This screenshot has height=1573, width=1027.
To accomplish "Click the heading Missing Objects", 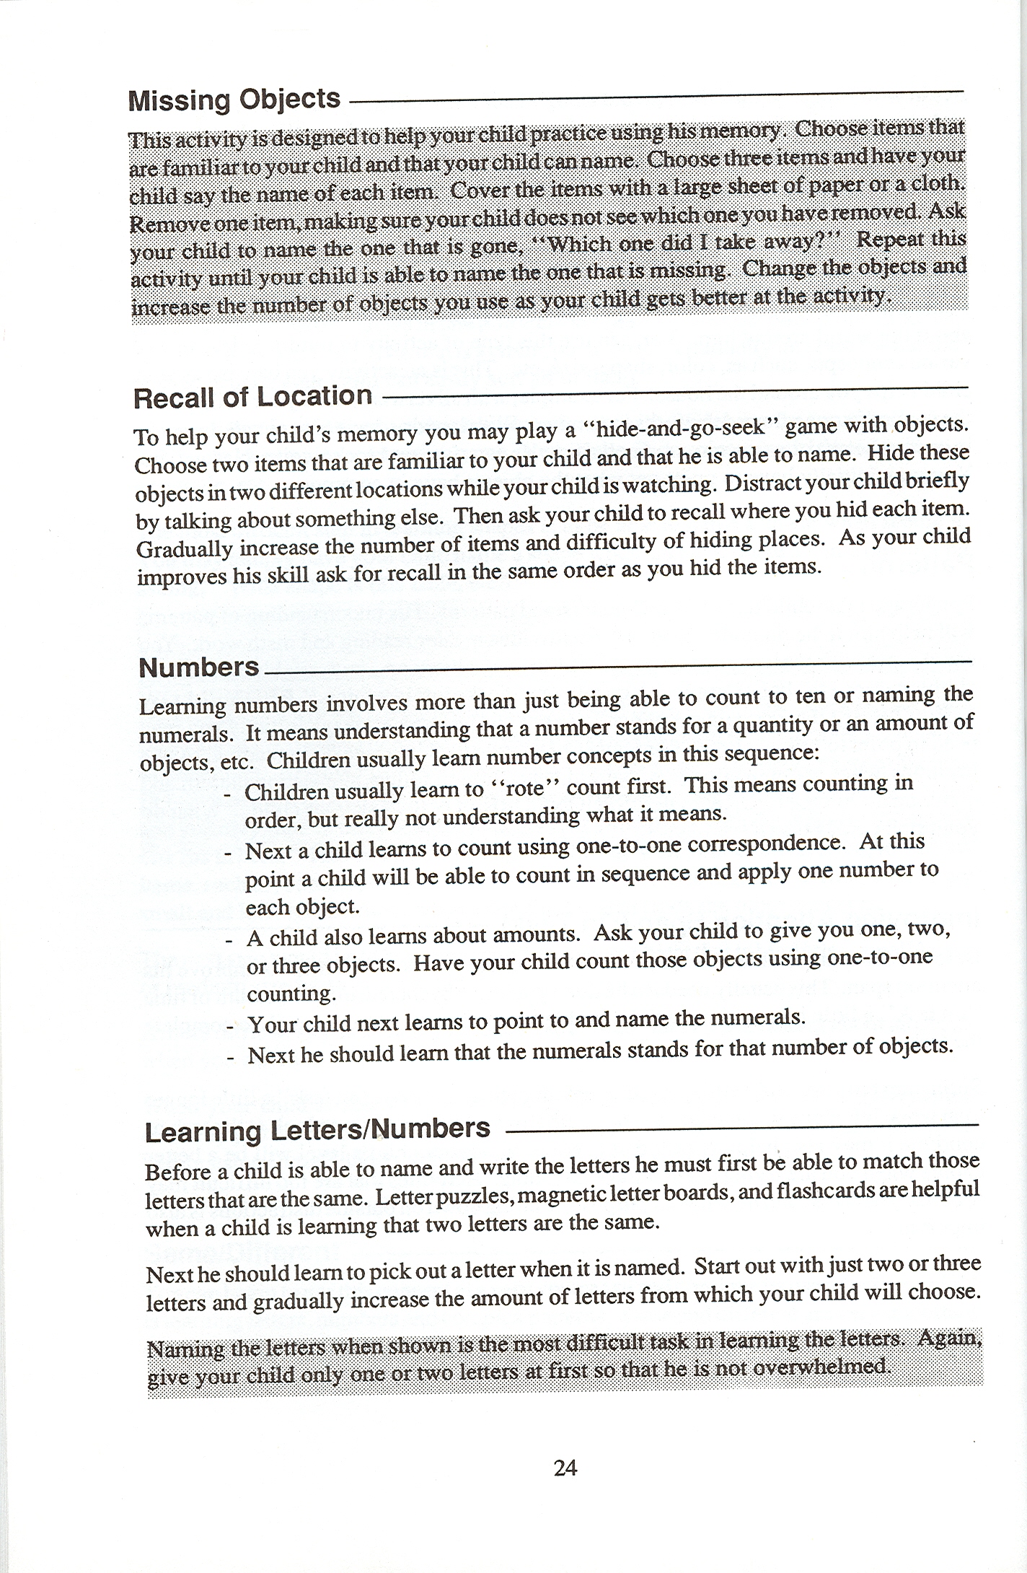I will click(234, 100).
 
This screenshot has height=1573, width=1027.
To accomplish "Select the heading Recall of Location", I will click(253, 397).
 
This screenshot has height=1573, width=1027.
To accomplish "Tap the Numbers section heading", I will click(198, 667).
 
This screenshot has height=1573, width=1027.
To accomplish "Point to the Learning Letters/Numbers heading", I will click(317, 1129).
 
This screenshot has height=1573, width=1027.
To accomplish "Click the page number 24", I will click(565, 1467).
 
